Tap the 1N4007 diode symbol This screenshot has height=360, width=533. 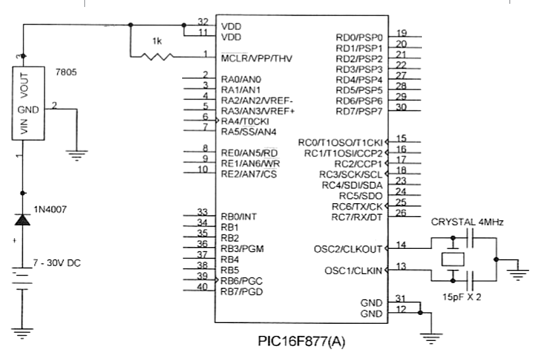23,220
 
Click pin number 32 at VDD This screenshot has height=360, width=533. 202,21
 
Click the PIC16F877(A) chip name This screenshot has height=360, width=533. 301,342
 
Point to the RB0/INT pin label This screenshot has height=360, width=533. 239,217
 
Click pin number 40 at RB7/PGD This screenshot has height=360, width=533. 202,286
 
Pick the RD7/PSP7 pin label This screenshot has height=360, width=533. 359,112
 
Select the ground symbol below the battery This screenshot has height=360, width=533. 23,333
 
